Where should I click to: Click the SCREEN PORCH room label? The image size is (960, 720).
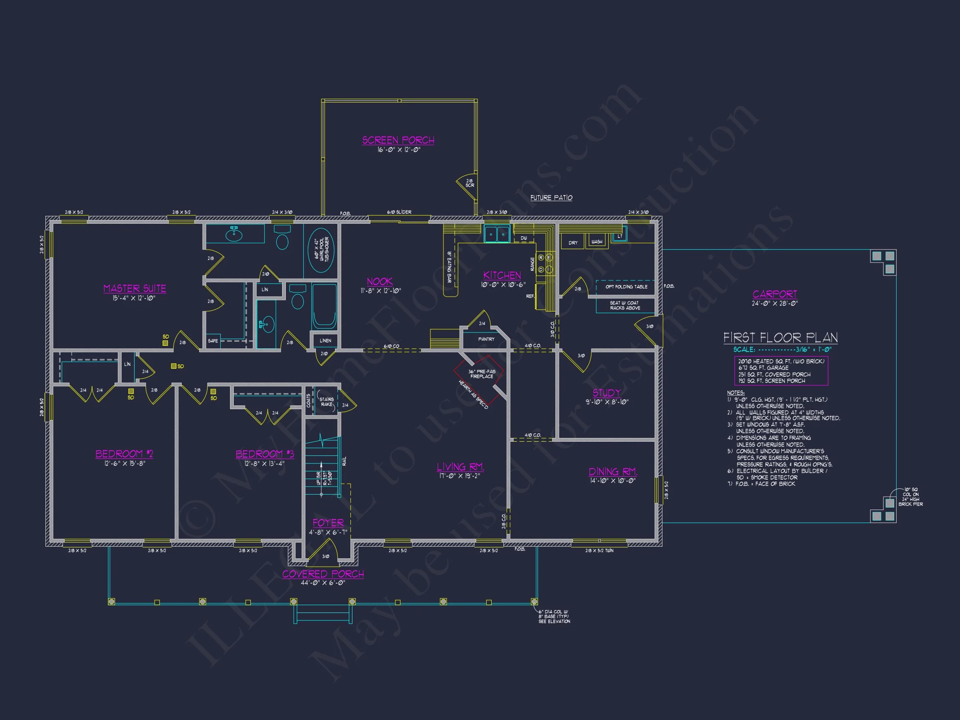398,140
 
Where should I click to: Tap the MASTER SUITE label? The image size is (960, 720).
135,289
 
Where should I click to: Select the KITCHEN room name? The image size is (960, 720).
502,275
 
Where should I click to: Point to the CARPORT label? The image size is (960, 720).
775,294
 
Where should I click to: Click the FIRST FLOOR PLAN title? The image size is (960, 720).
780,337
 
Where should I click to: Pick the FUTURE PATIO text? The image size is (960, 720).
551,198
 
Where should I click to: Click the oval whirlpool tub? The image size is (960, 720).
321,250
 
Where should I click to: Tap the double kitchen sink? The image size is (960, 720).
497,234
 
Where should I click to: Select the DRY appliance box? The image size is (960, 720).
573,242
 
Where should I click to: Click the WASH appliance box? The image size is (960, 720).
597,241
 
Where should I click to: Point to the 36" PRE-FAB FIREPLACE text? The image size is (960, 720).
481,374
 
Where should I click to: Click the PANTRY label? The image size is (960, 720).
486,339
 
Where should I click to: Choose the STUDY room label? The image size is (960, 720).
606,393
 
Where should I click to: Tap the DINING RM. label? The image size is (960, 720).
612,472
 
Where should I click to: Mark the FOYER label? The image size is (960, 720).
328,523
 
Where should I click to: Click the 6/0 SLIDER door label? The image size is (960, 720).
399,212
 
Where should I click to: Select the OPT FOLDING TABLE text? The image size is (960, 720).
626,287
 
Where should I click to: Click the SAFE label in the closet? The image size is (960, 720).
212,341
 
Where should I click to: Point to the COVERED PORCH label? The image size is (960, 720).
323,574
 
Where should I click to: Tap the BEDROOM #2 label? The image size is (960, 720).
124,454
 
